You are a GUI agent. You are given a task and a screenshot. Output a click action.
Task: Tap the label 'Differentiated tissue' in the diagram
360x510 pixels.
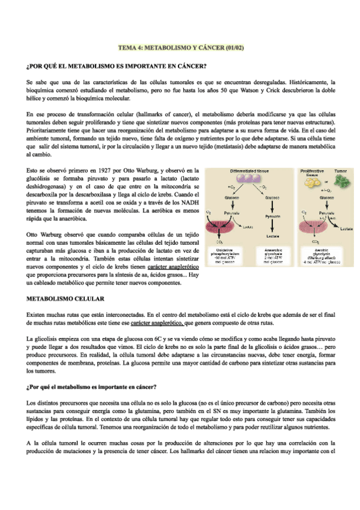250,171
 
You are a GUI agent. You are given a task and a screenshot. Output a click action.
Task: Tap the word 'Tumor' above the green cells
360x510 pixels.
341,171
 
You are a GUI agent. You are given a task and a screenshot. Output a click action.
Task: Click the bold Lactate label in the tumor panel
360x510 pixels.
346,229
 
